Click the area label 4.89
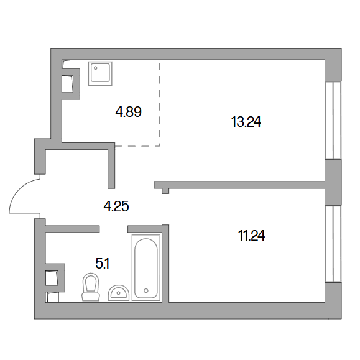click(x=128, y=112)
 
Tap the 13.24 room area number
click(x=246, y=122)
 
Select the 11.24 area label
click(x=251, y=236)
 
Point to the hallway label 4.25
click(x=116, y=206)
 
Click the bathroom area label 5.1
click(x=103, y=264)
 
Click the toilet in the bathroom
click(x=91, y=287)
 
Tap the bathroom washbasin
click(x=119, y=293)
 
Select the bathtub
click(x=146, y=267)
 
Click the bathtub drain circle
click(x=146, y=290)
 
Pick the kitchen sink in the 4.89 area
click(x=100, y=73)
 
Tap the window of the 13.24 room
click(x=333, y=120)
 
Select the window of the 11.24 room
click(x=333, y=244)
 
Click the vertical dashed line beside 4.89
click(x=160, y=103)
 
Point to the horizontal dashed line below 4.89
click(x=137, y=145)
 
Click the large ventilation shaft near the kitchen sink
click(x=68, y=84)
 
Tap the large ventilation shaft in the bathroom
click(x=52, y=278)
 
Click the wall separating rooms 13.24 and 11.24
click(x=239, y=185)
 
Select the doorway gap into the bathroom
click(x=113, y=229)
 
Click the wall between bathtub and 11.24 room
click(x=165, y=264)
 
